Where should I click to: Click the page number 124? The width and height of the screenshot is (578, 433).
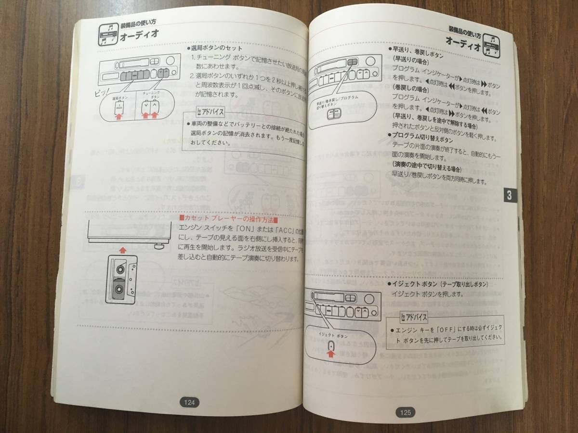point(189,402)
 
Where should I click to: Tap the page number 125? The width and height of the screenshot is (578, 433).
point(405,412)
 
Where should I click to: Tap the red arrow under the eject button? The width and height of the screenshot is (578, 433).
point(330,355)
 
